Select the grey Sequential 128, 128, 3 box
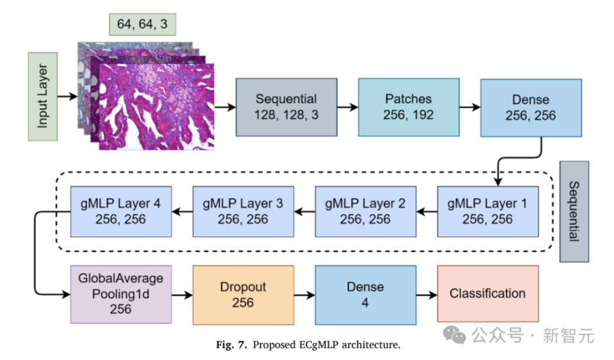[286, 107]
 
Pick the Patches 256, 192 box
[408, 107]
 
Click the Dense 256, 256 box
[531, 107]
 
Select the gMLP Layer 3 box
[243, 211]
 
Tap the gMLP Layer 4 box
[120, 211]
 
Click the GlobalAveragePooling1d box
[120, 293]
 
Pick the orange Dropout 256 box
[243, 293]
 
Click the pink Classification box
[487, 293]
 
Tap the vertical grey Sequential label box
[574, 211]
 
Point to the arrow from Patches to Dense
[469, 107]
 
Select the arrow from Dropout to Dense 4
[304, 294]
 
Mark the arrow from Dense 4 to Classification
[426, 294]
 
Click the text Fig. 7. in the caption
[234, 345]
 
